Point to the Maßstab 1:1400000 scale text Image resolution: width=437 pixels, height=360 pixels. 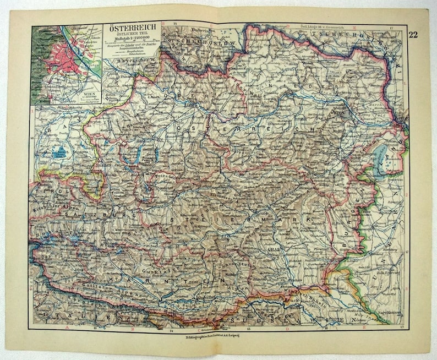click(x=132, y=41)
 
